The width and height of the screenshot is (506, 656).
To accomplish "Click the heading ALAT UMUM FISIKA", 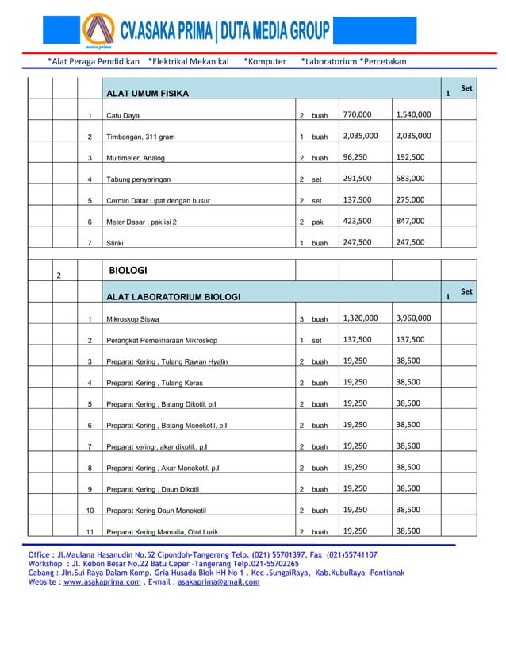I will click(x=148, y=94).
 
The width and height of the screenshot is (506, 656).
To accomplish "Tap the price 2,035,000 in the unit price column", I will click(x=360, y=136).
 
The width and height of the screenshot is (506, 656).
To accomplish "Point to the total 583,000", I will click(x=413, y=179).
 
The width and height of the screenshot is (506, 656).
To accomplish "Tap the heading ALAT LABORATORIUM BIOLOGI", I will click(x=174, y=297).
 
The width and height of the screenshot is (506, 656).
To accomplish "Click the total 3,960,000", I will click(x=413, y=318).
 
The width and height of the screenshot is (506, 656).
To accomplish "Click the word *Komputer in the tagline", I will click(x=265, y=61).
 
